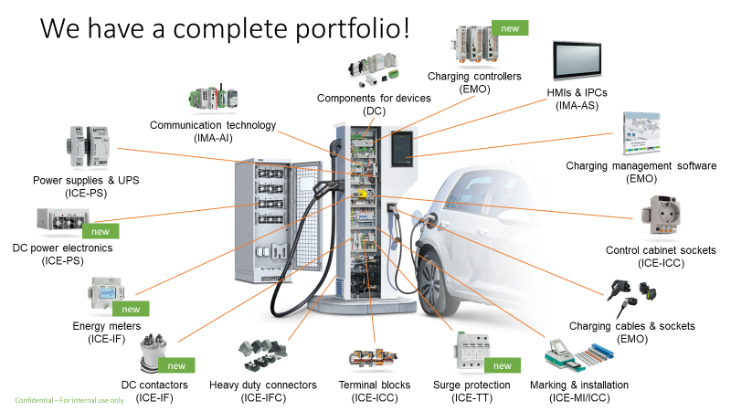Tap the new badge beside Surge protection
[502, 365]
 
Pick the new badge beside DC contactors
[176, 365]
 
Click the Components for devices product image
[374, 69]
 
